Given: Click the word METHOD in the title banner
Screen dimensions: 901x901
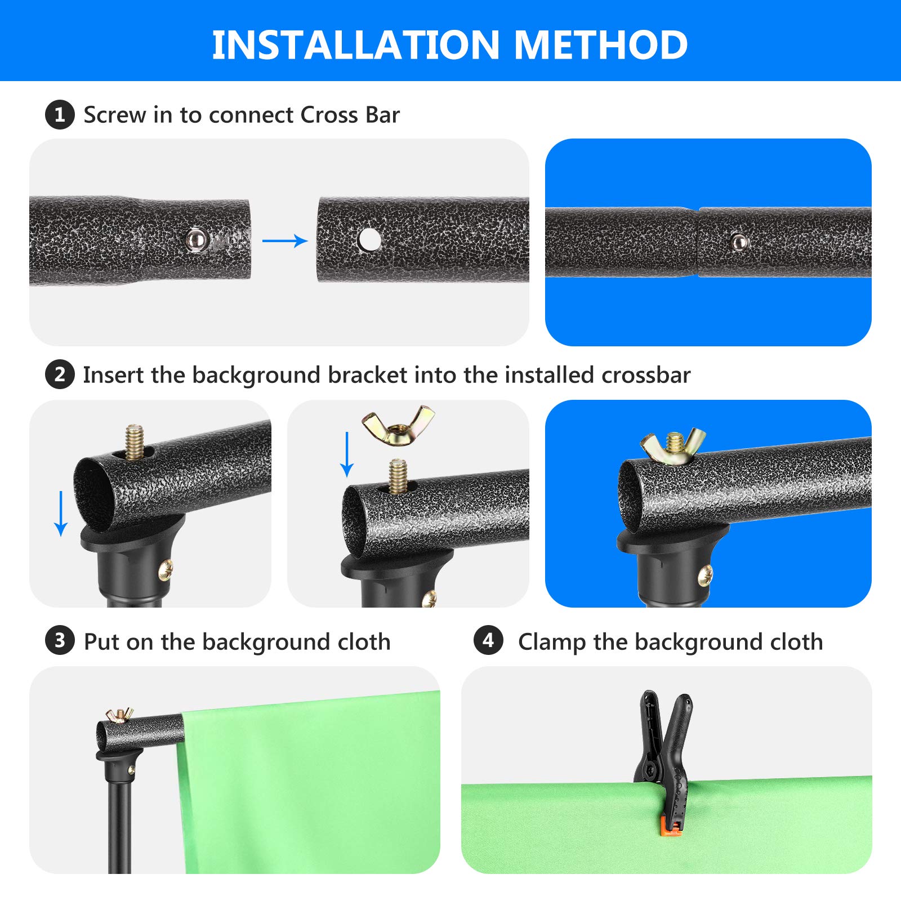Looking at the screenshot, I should pos(601,45).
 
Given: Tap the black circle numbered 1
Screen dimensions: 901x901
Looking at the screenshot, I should pos(60,115).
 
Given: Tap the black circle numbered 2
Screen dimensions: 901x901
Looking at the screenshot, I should pos(60,374).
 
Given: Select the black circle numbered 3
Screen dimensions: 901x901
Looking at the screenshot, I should pos(60,641).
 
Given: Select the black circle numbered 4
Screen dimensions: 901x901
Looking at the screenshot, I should pos(488,641).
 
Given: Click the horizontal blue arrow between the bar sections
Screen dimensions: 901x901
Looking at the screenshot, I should pos(285,241).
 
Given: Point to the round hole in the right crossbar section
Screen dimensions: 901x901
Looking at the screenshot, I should pos(369,240).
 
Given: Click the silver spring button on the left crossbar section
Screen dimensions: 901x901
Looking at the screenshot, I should pos(197,240).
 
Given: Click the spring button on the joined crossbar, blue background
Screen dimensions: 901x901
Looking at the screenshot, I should pos(739,243).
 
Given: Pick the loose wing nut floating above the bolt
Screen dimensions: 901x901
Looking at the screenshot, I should pos(398,424).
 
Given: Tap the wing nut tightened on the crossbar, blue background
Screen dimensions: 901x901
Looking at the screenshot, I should pos(673,447).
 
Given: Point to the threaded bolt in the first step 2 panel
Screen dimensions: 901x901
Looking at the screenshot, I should pos(134,442).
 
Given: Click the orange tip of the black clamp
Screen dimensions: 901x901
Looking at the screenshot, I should pos(670,827).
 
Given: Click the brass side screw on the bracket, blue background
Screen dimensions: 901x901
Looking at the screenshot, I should pos(705,576).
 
